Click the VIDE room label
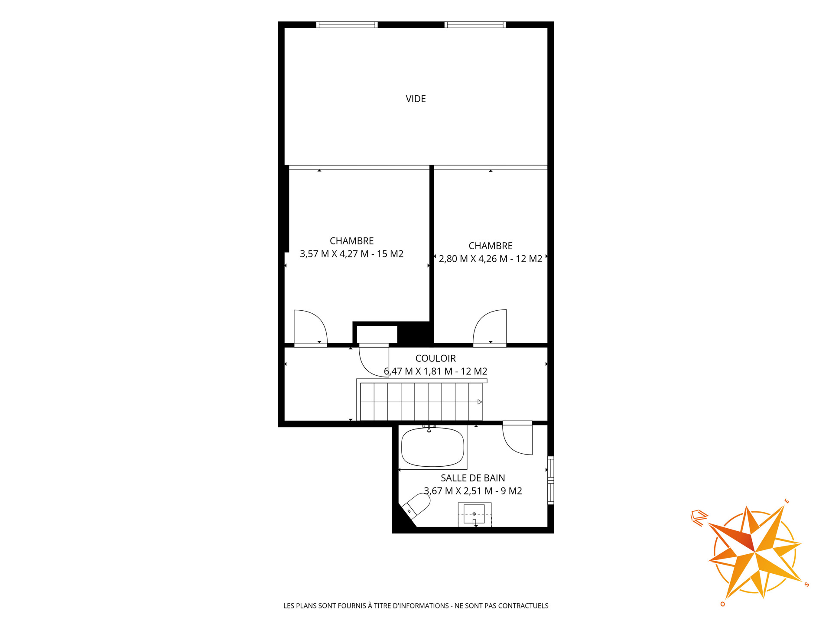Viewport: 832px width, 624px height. coord(416,99)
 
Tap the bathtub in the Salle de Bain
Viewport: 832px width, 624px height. coord(432,447)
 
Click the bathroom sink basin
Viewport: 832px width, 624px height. coord(474,514)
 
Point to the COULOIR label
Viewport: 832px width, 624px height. coord(435,358)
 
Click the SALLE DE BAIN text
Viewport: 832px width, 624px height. coord(473,478)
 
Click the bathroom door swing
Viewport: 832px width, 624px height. coord(517,440)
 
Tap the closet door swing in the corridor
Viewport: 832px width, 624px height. coord(374,362)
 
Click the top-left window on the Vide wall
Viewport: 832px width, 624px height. coord(347,25)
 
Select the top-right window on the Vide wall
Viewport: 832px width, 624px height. coord(475,25)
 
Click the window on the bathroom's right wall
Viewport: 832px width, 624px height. coord(551,480)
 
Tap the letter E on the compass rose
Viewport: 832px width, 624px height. coord(787,501)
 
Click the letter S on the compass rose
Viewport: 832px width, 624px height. coord(806,585)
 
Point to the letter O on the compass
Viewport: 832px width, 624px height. coord(723,604)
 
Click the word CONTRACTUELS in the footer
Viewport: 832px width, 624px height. coord(523,606)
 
